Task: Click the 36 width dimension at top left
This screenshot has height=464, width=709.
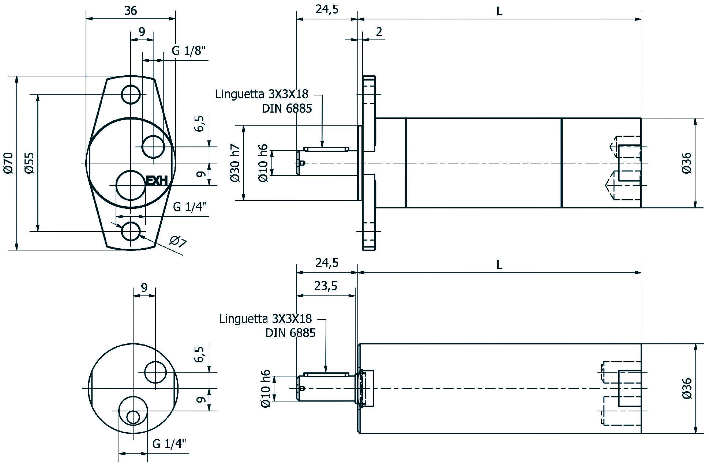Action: [131, 11]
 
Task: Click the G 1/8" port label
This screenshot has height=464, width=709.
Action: [189, 50]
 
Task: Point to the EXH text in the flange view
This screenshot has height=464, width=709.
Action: [157, 181]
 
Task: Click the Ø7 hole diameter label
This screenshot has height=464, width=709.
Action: [178, 242]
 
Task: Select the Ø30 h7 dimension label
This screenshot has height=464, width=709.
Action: [236, 163]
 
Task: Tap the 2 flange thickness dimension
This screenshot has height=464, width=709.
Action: [379, 32]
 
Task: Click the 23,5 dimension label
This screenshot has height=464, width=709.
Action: [326, 286]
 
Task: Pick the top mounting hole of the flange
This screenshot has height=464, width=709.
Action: [131, 95]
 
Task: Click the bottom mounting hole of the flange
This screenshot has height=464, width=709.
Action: [131, 231]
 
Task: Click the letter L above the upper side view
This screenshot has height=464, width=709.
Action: [499, 11]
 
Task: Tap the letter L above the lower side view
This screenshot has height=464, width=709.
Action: [499, 264]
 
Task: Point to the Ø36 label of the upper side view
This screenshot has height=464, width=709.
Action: [687, 163]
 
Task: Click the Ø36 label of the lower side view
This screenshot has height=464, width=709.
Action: [687, 388]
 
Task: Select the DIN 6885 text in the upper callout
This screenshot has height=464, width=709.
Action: [287, 109]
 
